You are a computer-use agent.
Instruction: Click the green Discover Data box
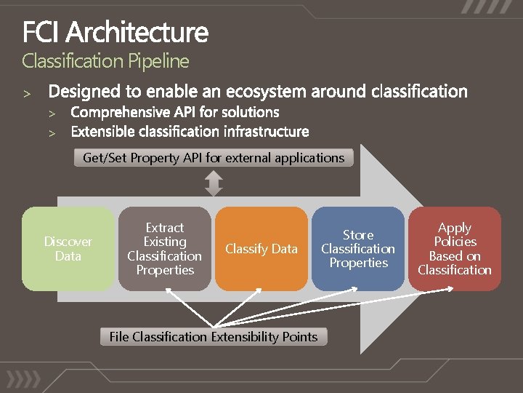[68, 249]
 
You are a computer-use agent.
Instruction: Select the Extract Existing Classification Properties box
[165, 249]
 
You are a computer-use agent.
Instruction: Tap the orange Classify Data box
[261, 249]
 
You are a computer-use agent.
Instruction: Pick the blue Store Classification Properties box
[358, 249]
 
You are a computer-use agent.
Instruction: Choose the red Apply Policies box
[455, 249]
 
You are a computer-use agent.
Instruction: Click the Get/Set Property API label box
[214, 158]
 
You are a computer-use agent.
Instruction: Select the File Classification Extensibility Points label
[214, 337]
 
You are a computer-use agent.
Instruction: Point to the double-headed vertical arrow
[214, 183]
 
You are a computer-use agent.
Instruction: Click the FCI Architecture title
[115, 33]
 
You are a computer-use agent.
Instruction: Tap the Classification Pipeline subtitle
[105, 61]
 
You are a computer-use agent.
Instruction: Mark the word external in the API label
[243, 158]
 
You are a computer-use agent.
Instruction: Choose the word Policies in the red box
[455, 242]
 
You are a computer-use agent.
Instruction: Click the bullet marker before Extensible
[52, 133]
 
